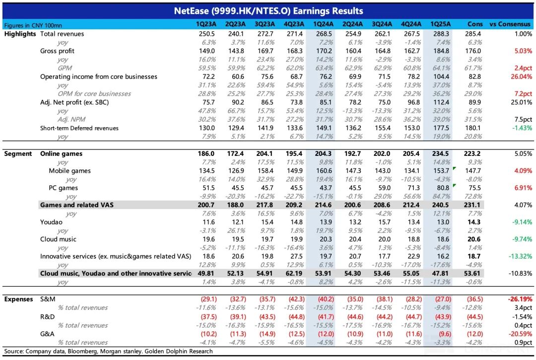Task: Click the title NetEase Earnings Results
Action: tap(268, 11)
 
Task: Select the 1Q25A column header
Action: tap(440, 24)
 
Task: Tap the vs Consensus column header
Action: tap(510, 24)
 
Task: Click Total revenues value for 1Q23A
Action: tap(207, 34)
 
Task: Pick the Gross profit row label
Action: tap(57, 51)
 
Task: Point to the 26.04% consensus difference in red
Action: tap(521, 76)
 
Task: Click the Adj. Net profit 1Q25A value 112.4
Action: tap(441, 102)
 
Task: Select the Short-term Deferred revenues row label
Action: tap(79, 128)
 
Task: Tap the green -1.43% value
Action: tap(522, 128)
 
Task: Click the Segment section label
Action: tap(18, 154)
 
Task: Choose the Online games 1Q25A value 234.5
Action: tap(440, 154)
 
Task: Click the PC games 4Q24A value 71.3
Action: tap(413, 188)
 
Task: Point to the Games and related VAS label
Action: tap(77, 205)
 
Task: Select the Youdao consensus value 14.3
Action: tap(474, 222)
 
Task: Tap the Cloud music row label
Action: tap(58, 239)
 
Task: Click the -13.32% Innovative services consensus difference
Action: tap(521, 256)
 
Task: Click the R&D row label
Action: tap(47, 317)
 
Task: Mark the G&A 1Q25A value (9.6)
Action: tap(443, 334)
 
